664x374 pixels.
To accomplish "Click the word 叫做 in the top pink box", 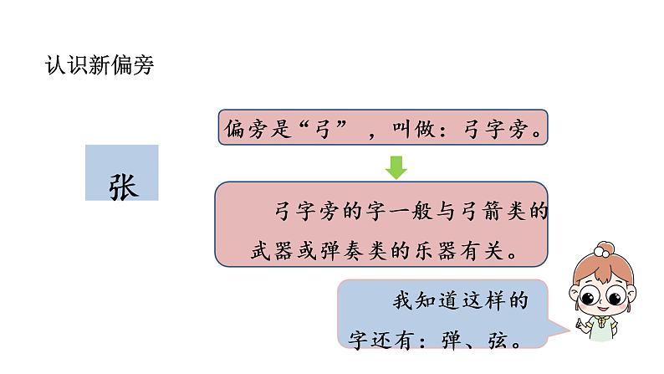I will [419, 129].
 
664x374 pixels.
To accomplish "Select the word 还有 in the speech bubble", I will [384, 341].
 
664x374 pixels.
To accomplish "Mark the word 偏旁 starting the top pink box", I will [243, 129].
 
